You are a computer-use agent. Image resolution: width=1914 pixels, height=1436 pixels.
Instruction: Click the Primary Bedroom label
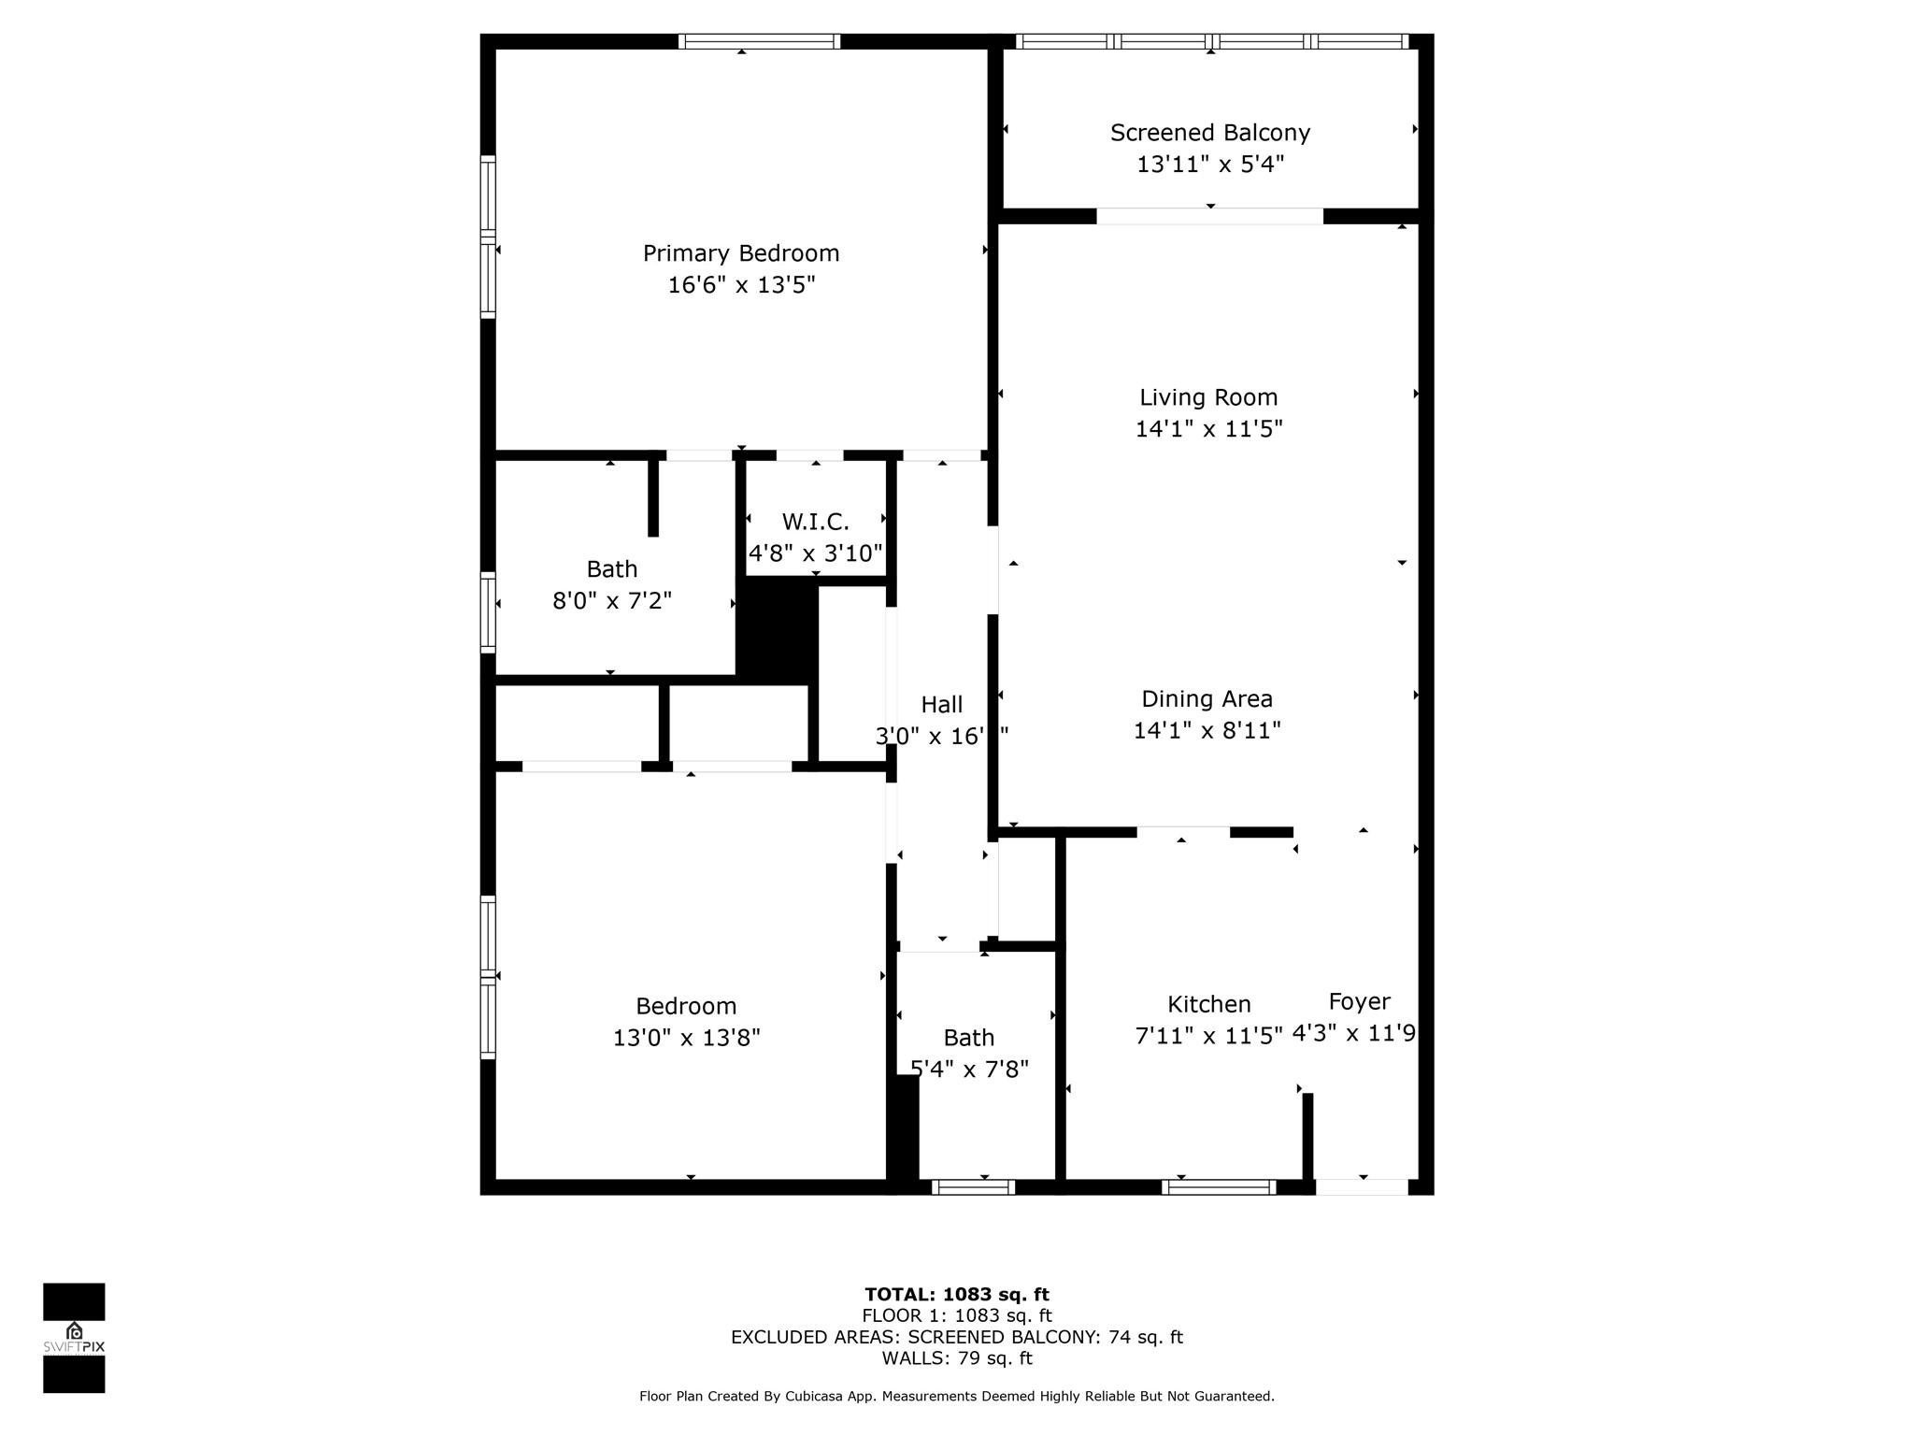click(x=741, y=253)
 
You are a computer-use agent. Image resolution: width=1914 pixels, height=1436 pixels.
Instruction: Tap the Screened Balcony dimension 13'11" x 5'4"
click(x=1210, y=165)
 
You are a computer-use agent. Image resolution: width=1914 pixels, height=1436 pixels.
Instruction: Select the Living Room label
click(x=1208, y=397)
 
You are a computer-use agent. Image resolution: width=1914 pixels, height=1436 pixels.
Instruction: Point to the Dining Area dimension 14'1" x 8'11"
click(x=1207, y=730)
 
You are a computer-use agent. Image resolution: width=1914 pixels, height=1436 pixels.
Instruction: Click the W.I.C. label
click(x=815, y=522)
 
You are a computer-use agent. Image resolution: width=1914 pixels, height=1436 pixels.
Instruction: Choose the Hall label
click(x=941, y=705)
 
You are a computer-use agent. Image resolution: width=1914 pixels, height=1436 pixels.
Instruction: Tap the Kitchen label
click(x=1208, y=1004)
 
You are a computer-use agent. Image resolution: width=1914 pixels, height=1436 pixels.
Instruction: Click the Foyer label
click(x=1359, y=1001)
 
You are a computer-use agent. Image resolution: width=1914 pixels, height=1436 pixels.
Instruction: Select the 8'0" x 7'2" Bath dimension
click(x=612, y=600)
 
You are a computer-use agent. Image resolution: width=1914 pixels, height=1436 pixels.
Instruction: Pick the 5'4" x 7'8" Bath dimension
click(x=969, y=1069)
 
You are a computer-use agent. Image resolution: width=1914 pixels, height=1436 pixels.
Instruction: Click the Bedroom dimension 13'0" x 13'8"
click(x=687, y=1038)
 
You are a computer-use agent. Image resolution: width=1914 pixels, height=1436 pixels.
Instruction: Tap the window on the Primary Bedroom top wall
click(x=759, y=41)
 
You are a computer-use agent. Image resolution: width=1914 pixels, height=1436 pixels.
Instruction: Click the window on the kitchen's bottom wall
click(x=1219, y=1187)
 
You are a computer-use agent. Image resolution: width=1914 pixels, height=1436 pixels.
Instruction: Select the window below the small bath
click(x=973, y=1187)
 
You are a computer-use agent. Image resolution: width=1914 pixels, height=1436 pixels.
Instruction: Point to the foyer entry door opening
click(x=1362, y=1187)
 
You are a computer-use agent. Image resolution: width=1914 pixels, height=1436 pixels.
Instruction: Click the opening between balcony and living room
click(x=1209, y=216)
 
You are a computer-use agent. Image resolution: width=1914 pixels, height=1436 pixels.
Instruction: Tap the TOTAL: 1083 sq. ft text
click(x=956, y=1295)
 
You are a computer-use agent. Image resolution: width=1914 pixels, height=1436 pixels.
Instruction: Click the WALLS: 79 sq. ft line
click(x=956, y=1358)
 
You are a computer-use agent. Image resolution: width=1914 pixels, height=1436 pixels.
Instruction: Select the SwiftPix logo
click(x=74, y=1337)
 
